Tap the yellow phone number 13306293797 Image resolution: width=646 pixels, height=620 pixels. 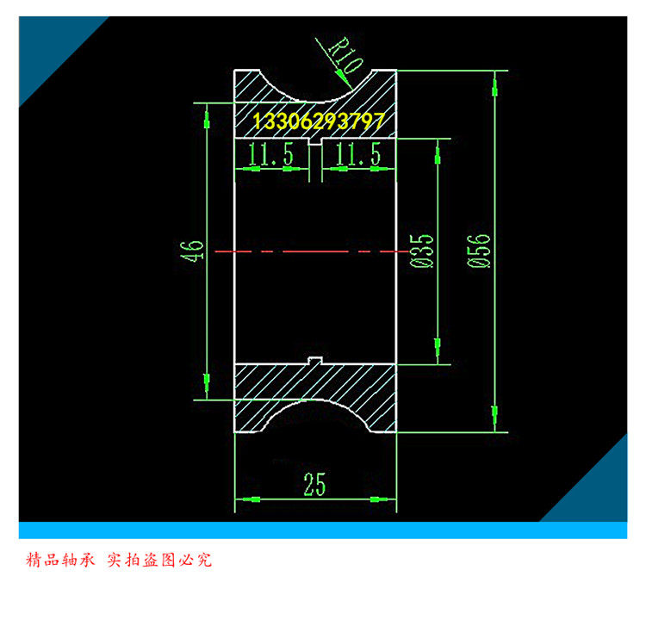(x=319, y=121)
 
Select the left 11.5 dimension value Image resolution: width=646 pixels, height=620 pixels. (x=270, y=155)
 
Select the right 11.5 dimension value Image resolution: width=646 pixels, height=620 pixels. (x=358, y=155)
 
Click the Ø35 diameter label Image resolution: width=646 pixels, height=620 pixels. (x=422, y=251)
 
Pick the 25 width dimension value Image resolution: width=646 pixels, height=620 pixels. (x=314, y=485)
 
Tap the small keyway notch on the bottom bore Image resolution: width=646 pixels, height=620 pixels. (x=315, y=359)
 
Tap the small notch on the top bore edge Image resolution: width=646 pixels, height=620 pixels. (x=315, y=143)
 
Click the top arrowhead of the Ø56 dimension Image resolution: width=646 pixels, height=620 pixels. (x=494, y=83)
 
